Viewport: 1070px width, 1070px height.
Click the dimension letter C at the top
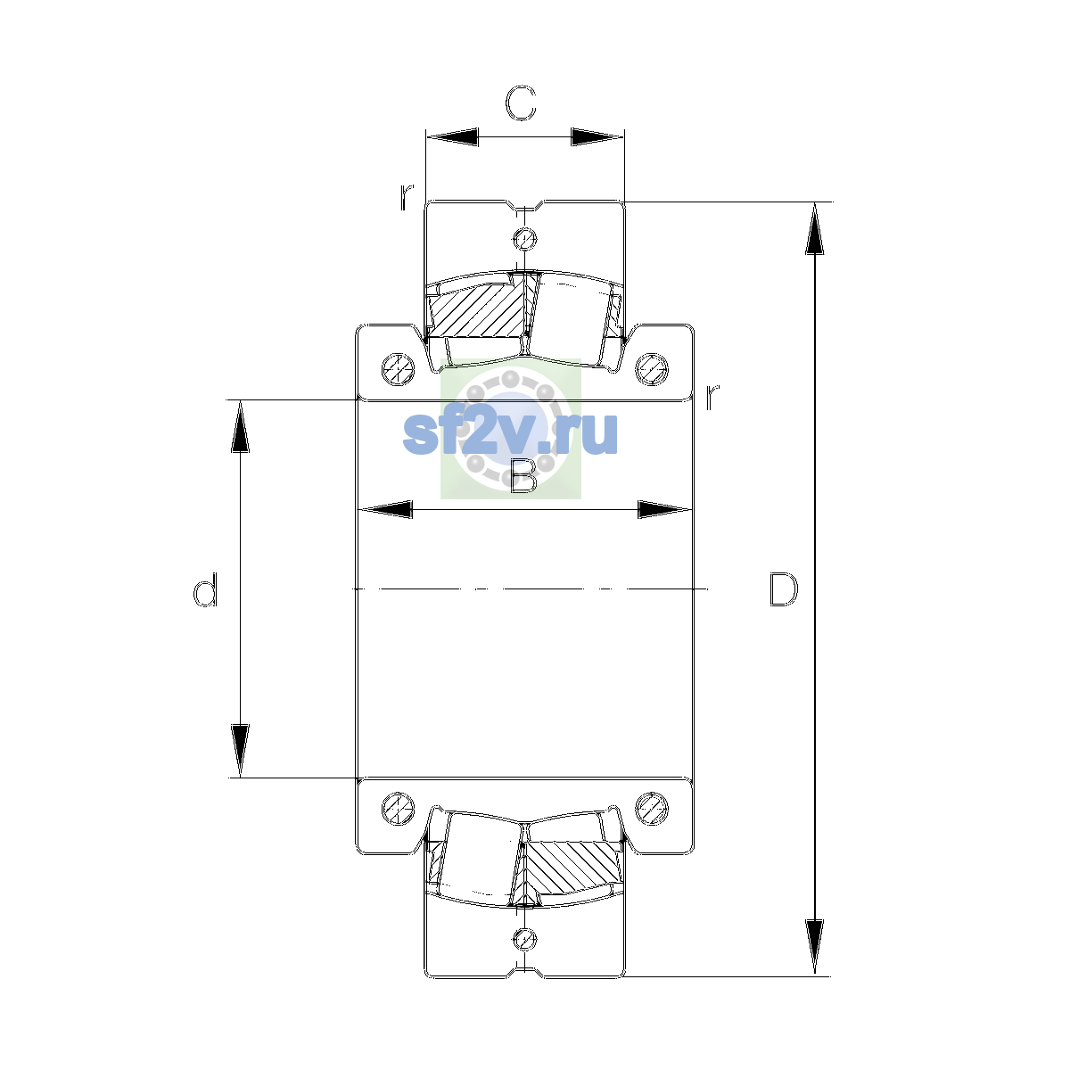click(521, 103)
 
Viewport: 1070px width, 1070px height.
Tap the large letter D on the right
click(784, 589)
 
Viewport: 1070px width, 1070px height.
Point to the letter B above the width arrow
click(523, 476)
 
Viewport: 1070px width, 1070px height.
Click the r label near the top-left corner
click(407, 197)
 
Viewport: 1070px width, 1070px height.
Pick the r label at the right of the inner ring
click(712, 397)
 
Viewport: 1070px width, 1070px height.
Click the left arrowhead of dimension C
click(452, 136)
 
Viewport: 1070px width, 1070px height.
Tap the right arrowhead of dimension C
click(597, 136)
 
